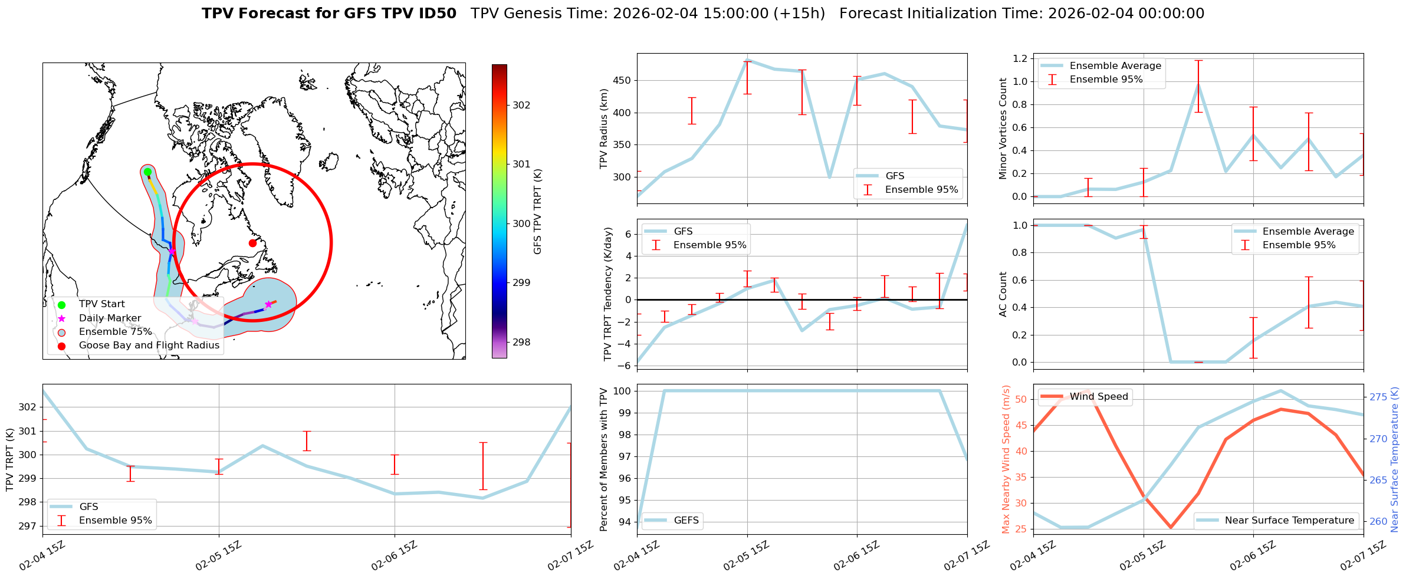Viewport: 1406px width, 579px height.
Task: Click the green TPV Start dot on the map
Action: coord(147,172)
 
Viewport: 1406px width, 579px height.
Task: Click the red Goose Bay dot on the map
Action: coord(252,243)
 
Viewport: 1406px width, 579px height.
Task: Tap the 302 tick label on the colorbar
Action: coord(521,105)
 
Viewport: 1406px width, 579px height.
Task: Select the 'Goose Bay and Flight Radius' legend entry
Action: coord(149,346)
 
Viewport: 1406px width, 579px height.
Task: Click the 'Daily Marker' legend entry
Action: coord(110,318)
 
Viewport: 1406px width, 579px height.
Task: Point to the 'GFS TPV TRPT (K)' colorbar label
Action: coord(537,212)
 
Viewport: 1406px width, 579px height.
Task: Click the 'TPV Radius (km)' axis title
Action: coord(603,129)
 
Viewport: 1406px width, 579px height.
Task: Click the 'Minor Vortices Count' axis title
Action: coord(1003,129)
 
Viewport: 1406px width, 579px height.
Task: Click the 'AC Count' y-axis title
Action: coord(1003,294)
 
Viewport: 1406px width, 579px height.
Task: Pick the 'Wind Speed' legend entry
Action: coord(1099,397)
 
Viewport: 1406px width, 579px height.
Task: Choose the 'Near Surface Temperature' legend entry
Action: coord(1289,520)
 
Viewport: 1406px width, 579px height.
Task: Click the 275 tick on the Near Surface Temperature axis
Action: coord(1378,397)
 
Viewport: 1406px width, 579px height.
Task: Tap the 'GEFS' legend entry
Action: coord(686,520)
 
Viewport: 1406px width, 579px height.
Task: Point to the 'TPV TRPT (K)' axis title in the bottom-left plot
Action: coord(10,460)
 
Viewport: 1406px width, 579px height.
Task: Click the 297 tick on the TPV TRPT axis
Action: coord(28,526)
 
